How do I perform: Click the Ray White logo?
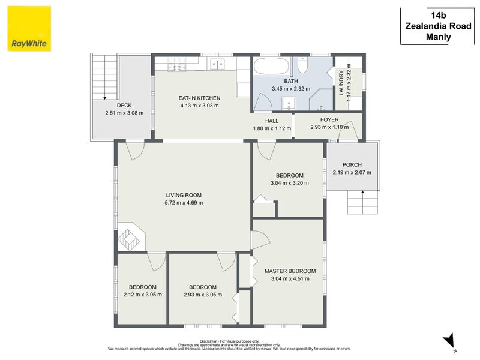coord(29,29)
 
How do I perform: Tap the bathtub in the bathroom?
coord(271,66)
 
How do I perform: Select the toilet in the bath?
coord(302,65)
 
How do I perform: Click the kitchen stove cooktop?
coord(176,65)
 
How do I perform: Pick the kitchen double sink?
coord(217,64)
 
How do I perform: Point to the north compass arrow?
coord(449,341)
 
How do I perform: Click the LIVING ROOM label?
coord(184,195)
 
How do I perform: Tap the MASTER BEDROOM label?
coord(290,271)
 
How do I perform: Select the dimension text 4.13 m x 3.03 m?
coord(199,106)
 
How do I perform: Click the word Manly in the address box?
coord(439,37)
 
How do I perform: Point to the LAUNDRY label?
coord(341,83)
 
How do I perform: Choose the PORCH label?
coord(352,164)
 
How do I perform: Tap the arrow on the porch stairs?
coord(363,202)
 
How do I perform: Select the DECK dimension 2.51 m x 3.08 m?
coord(124,113)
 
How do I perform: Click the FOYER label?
coord(329,119)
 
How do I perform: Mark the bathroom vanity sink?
coord(289,103)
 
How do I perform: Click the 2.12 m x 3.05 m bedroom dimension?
coord(143,295)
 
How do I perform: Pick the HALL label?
coord(272,121)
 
